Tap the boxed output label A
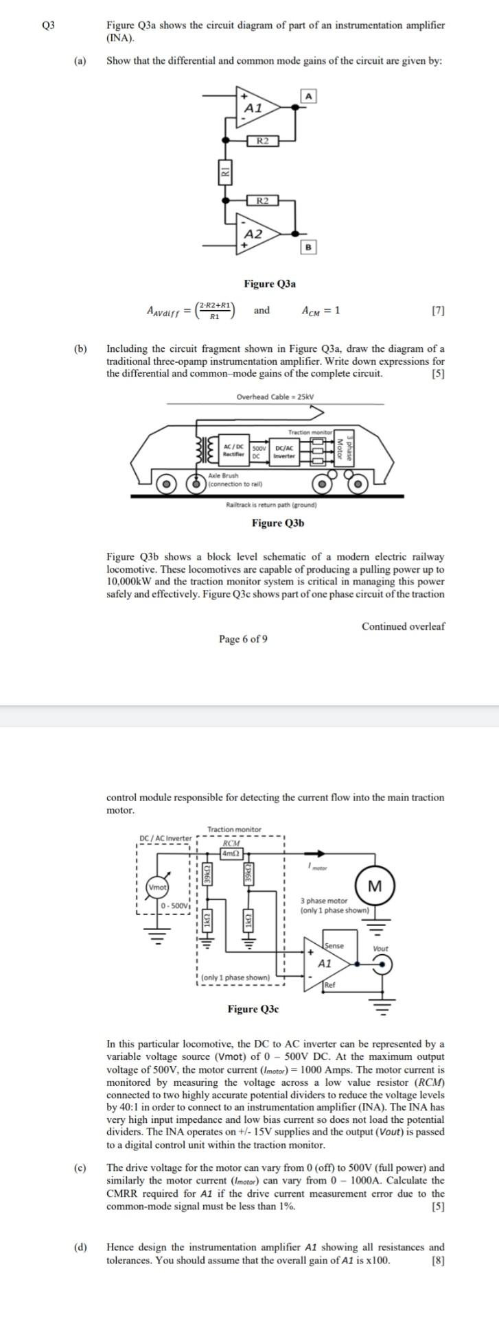pos(309,96)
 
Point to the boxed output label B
pos(309,246)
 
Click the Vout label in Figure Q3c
pos(380,948)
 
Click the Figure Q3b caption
pos(278,523)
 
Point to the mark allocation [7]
pos(438,311)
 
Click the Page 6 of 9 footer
pos(244,639)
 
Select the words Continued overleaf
pos(403,626)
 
